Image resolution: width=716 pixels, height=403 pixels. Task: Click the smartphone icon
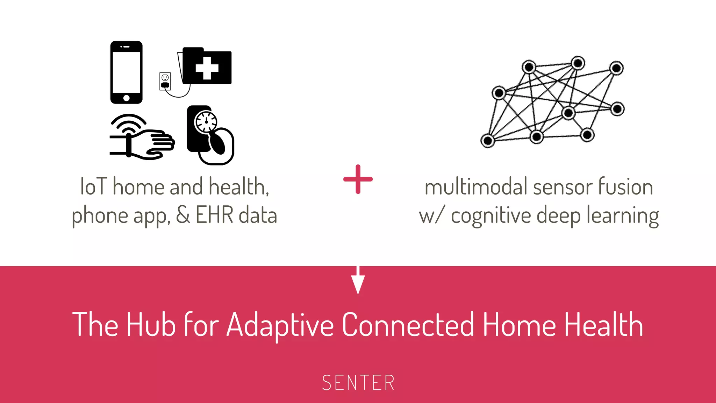(126, 72)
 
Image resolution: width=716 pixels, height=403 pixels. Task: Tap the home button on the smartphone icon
(126, 98)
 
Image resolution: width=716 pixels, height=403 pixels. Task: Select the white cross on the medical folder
(207, 68)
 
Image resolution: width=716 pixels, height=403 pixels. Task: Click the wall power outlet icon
(165, 82)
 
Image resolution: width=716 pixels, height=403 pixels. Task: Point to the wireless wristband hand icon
(142, 138)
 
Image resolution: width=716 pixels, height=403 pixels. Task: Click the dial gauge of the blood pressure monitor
(206, 122)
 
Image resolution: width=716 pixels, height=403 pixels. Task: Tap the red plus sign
(358, 179)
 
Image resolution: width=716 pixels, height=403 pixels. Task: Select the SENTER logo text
(358, 383)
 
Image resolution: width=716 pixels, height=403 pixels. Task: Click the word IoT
(93, 186)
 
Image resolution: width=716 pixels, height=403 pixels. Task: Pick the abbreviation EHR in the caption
(214, 215)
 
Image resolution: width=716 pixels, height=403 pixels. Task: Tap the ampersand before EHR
(183, 215)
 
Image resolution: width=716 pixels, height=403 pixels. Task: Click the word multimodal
(476, 186)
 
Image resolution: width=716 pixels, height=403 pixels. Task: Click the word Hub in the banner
(151, 325)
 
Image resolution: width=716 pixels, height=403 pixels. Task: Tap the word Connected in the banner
(408, 325)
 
